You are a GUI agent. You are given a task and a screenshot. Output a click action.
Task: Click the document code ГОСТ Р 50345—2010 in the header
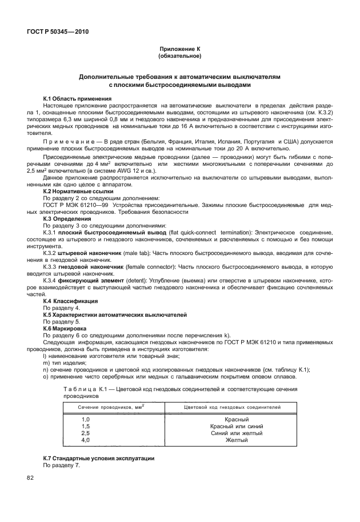tap(57, 32)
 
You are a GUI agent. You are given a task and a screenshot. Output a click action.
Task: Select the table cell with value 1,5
tap(86, 426)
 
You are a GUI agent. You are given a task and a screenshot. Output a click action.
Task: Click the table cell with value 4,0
tap(86, 440)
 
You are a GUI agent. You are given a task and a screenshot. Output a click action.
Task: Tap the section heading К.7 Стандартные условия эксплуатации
tap(99, 459)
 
